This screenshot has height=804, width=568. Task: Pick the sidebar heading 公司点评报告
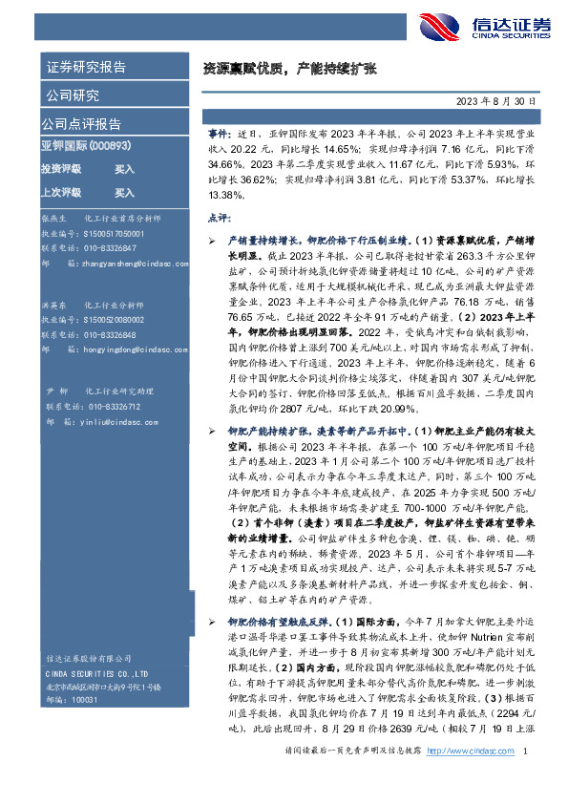point(80,123)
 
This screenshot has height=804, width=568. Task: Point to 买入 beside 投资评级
point(124,168)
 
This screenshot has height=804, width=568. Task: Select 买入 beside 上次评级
point(124,191)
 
